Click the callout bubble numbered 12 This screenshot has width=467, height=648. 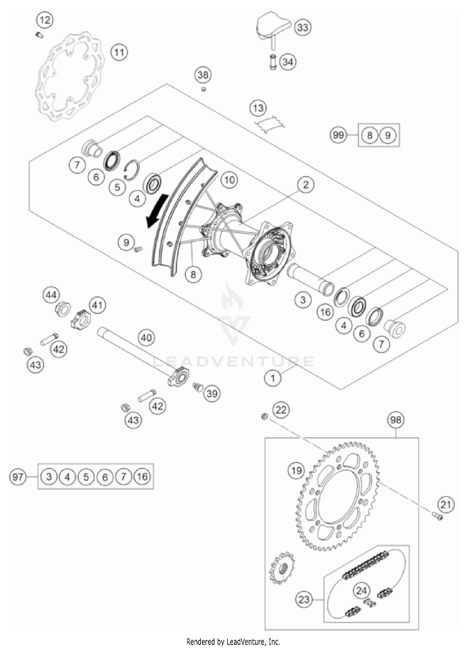pyautogui.click(x=45, y=21)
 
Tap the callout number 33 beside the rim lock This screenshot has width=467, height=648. pyautogui.click(x=303, y=27)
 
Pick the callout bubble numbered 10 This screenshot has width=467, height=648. pyautogui.click(x=229, y=180)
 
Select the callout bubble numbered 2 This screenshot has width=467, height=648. pyautogui.click(x=305, y=185)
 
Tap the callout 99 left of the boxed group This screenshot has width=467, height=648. pyautogui.click(x=338, y=135)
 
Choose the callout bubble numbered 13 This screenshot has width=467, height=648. pyautogui.click(x=258, y=108)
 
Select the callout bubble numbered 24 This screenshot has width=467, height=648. pyautogui.click(x=361, y=590)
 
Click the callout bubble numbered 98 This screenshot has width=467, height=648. pyautogui.click(x=396, y=420)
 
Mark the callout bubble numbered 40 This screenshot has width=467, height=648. pyautogui.click(x=146, y=338)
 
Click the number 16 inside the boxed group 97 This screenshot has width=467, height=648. pyautogui.click(x=142, y=476)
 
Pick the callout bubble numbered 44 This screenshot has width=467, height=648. pyautogui.click(x=51, y=295)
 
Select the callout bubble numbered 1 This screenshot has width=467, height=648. pyautogui.click(x=273, y=378)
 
